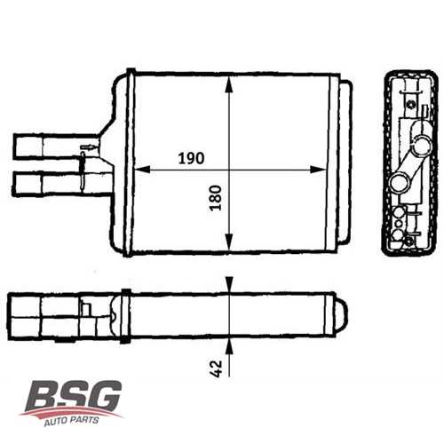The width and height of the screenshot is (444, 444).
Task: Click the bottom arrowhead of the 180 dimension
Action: pyautogui.click(x=230, y=249)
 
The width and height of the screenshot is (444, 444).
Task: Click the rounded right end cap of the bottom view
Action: pyautogui.click(x=343, y=315)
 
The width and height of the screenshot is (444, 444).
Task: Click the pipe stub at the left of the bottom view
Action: pyautogui.click(x=27, y=315)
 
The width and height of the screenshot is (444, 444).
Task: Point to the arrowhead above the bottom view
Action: pyautogui.click(x=230, y=283)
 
